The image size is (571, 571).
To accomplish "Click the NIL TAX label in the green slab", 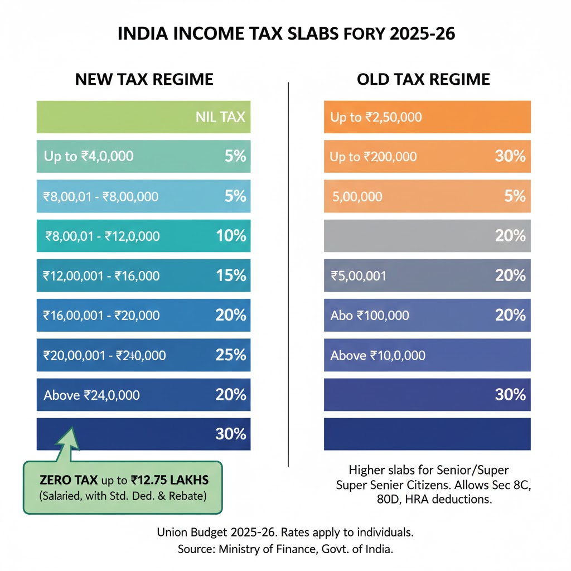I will pyautogui.click(x=220, y=118).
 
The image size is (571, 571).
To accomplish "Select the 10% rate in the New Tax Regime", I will pyautogui.click(x=231, y=236).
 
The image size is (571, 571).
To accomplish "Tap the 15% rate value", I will pyautogui.click(x=231, y=275).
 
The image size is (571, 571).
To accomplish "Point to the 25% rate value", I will pyautogui.click(x=231, y=355).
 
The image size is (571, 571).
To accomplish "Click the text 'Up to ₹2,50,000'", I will pyautogui.click(x=376, y=118).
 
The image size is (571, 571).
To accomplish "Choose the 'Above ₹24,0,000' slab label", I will pyautogui.click(x=91, y=395).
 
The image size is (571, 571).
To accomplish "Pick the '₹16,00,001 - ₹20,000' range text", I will pyautogui.click(x=101, y=316).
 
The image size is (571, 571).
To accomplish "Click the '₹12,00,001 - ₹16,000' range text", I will pyautogui.click(x=101, y=275).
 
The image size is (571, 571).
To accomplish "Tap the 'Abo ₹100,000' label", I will pyautogui.click(x=369, y=316).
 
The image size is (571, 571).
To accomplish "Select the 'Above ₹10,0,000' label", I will pyautogui.click(x=378, y=355).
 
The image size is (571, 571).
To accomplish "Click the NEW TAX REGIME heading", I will pyautogui.click(x=144, y=79).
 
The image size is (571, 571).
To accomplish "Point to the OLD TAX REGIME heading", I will pyautogui.click(x=423, y=79).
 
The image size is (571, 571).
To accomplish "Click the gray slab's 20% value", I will pyautogui.click(x=510, y=236).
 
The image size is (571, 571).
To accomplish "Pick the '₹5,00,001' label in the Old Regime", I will pyautogui.click(x=359, y=275).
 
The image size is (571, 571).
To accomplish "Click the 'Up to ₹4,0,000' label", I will pyautogui.click(x=89, y=156).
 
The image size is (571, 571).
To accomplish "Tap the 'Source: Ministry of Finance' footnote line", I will pyautogui.click(x=285, y=549).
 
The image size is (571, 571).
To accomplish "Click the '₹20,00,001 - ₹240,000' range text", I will pyautogui.click(x=104, y=355).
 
